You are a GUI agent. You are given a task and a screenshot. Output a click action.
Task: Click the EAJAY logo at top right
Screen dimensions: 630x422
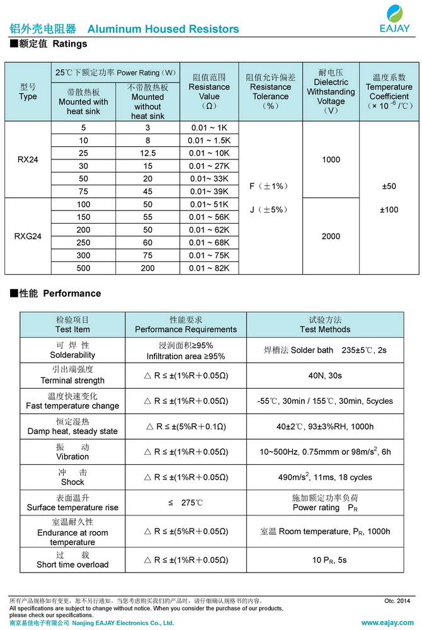tap(394, 20)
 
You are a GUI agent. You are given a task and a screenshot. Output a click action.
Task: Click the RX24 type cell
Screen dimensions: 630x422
tap(28, 159)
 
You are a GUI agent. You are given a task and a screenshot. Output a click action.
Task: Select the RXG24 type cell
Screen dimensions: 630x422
tap(28, 236)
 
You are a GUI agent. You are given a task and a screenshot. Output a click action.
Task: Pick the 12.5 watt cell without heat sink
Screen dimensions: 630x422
tap(147, 153)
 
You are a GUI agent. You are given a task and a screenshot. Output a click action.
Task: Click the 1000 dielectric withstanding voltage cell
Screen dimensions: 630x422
tap(331, 159)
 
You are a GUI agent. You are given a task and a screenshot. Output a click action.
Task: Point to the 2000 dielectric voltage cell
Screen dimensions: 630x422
tap(331, 236)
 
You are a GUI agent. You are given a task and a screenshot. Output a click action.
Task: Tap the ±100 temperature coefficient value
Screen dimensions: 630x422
tap(389, 209)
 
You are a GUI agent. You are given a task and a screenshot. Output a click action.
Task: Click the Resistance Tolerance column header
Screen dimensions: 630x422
tap(271, 91)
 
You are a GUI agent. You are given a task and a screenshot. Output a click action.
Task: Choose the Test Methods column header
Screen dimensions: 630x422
tap(325, 324)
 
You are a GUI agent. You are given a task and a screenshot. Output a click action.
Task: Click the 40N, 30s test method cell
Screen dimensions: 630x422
tap(325, 375)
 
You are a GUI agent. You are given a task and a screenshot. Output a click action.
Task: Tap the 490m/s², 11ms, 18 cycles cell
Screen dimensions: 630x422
tap(325, 478)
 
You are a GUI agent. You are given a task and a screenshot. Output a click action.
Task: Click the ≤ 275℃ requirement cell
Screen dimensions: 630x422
tap(186, 503)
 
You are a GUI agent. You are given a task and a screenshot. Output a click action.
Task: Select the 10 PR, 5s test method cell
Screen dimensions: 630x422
tap(325, 559)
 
